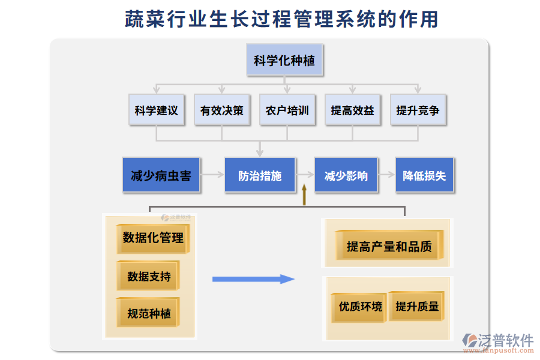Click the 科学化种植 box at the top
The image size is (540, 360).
point(284,61)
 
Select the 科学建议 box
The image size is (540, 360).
point(156,110)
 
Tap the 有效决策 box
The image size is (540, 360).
point(221,110)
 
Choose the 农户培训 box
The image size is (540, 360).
point(287,110)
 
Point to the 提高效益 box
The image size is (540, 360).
point(352,110)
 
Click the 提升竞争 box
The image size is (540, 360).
point(418,110)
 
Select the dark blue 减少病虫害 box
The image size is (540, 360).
point(161,175)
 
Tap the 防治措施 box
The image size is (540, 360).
point(260,175)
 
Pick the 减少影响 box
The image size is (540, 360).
point(346,175)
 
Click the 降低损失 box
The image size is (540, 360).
point(424,175)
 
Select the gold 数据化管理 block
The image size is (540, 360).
point(153,238)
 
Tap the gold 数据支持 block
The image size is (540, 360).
point(148,276)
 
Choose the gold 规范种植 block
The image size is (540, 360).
point(148,313)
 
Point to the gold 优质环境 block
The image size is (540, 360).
point(359,307)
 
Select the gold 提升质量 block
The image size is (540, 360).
point(417,306)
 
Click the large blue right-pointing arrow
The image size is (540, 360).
point(253,279)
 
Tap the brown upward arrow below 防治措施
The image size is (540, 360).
point(304,195)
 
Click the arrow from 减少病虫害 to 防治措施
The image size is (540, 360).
point(212,175)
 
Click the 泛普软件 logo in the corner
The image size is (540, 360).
point(497,342)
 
